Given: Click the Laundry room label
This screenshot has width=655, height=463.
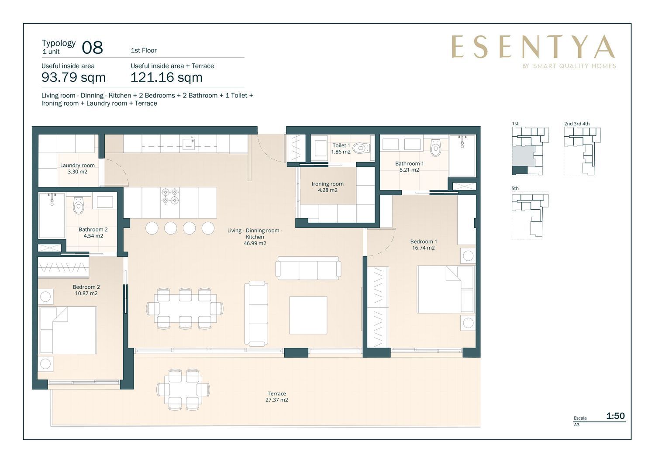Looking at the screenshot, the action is (x=77, y=169).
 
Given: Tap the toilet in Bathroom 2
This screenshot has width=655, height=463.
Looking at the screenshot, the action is (x=78, y=205).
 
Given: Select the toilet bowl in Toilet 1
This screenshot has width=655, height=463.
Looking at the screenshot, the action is (x=361, y=148).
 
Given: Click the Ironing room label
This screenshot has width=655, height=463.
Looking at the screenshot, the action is (x=327, y=187).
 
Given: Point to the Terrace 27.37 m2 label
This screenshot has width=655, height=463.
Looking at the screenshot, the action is (x=276, y=397).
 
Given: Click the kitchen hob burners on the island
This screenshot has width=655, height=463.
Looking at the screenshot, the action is (x=170, y=196).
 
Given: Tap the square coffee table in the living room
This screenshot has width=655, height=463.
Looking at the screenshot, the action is (x=308, y=315).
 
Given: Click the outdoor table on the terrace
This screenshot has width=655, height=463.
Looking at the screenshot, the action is (x=183, y=389).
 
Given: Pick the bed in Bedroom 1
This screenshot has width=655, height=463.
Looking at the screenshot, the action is (x=445, y=289).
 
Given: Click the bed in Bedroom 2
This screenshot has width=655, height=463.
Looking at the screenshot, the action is (x=68, y=330).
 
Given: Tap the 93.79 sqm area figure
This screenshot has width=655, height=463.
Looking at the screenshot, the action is (x=73, y=77).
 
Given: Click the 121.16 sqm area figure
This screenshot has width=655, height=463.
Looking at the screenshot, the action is (x=166, y=77).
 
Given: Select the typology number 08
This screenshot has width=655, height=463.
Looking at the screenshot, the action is (x=92, y=48).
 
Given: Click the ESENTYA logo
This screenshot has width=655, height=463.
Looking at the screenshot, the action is (x=533, y=47).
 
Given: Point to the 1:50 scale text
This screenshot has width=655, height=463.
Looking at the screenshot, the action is (x=615, y=416).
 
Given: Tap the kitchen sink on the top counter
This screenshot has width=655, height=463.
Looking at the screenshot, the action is (x=189, y=143).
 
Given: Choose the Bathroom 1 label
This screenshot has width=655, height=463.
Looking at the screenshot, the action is (x=409, y=167).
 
